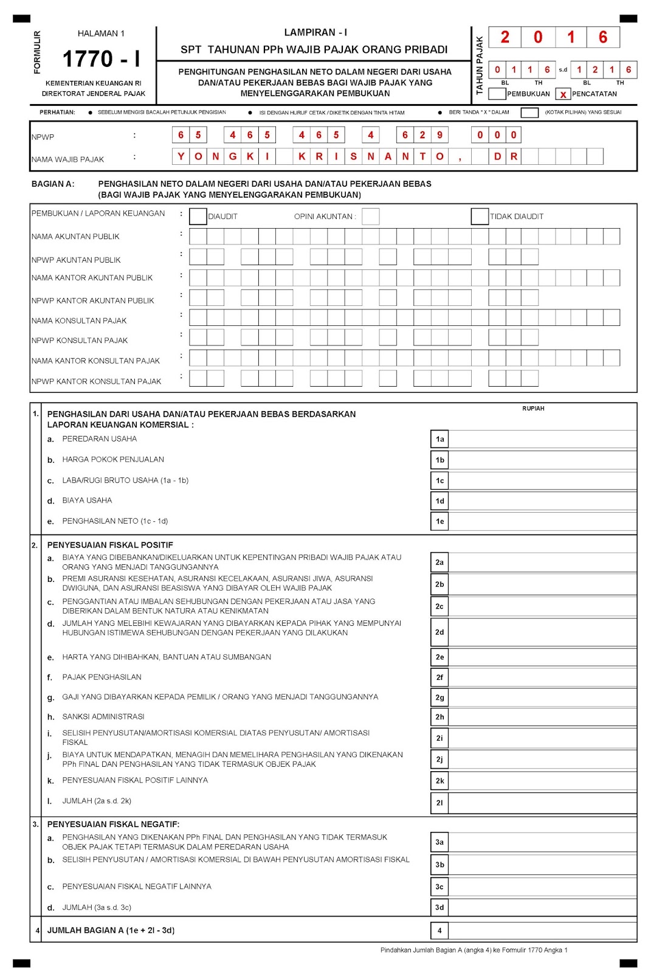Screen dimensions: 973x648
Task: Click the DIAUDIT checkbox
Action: coord(198,216)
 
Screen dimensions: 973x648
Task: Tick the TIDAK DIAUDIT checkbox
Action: coord(480,216)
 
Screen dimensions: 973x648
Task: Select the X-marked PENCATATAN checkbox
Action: coord(563,94)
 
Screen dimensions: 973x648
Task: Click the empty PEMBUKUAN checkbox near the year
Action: coord(497,94)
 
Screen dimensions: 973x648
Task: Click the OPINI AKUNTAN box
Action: coord(371,216)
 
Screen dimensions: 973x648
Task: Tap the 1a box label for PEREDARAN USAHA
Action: coord(439,439)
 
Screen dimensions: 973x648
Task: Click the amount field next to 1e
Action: coord(542,521)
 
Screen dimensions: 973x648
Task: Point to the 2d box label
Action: coord(439,632)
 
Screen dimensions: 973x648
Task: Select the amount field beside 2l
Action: coord(542,803)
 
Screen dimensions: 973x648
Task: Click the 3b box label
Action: coord(439,865)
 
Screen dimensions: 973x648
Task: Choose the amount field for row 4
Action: coord(542,930)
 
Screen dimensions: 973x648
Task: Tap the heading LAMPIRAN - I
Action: coord(315,33)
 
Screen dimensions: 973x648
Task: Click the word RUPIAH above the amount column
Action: coord(533,409)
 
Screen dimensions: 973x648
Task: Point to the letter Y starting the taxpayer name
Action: coord(181,157)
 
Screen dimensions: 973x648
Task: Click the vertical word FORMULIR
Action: coord(38,52)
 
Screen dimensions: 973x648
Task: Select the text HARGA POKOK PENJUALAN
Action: coord(113,460)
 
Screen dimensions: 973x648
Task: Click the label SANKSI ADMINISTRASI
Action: coord(103,717)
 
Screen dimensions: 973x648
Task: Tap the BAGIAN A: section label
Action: coord(53,184)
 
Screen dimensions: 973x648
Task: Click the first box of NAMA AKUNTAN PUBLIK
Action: coord(198,237)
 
